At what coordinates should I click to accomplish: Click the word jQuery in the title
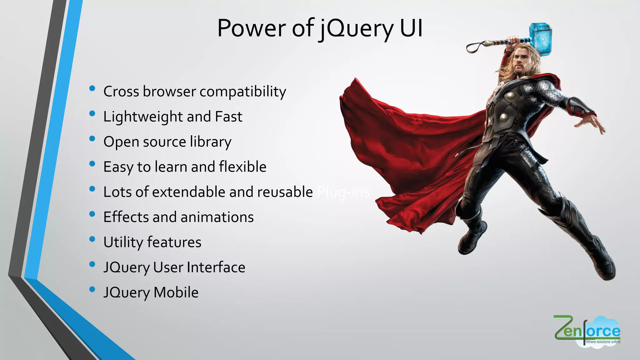pyautogui.click(x=356, y=29)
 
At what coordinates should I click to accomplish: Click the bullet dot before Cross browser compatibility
pyautogui.click(x=92, y=88)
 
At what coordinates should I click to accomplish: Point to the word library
pyautogui.click(x=210, y=142)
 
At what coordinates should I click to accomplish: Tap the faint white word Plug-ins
pyautogui.click(x=343, y=192)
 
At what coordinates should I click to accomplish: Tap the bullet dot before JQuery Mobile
pyautogui.click(x=92, y=289)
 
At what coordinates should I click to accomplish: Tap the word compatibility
pyautogui.click(x=242, y=92)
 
